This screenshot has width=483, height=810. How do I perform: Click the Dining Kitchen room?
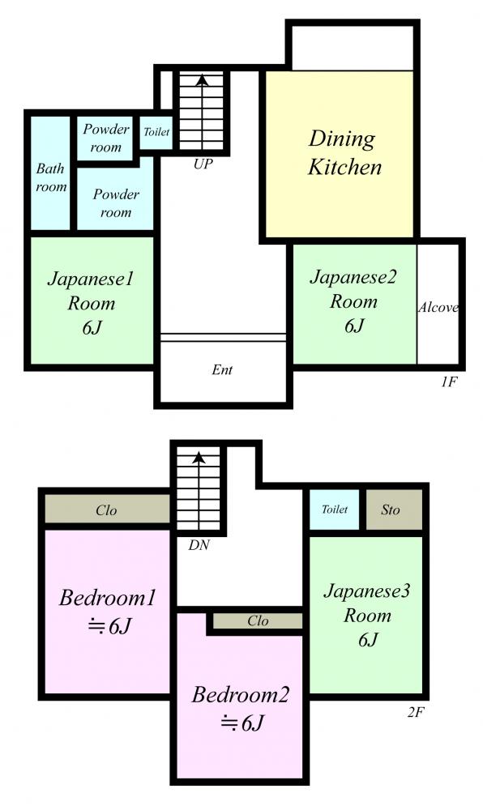pyautogui.click(x=340, y=153)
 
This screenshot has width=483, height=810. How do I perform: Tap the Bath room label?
pyautogui.click(x=51, y=177)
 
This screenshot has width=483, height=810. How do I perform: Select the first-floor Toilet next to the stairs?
pyautogui.click(x=156, y=132)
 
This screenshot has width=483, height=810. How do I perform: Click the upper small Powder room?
pyautogui.click(x=106, y=138)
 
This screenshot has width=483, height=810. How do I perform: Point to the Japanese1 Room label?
pyautogui.click(x=92, y=302)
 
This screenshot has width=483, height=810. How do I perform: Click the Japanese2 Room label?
pyautogui.click(x=354, y=301)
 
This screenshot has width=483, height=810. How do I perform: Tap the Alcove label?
pyautogui.click(x=438, y=307)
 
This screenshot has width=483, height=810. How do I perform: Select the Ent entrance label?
pyautogui.click(x=222, y=369)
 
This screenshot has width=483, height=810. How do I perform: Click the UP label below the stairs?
pyautogui.click(x=203, y=164)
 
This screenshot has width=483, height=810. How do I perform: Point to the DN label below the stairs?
pyautogui.click(x=199, y=544)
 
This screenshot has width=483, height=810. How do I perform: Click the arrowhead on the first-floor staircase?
pyautogui.click(x=202, y=80)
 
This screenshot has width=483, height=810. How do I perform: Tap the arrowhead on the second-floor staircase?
pyautogui.click(x=199, y=457)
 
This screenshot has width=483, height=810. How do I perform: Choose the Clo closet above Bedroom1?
pyautogui.click(x=107, y=509)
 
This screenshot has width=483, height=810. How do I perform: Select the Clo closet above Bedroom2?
pyautogui.click(x=258, y=620)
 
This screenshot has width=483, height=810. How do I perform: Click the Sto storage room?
pyautogui.click(x=394, y=509)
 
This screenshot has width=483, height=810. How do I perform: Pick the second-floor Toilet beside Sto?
pyautogui.click(x=334, y=509)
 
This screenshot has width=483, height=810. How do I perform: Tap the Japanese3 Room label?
pyautogui.click(x=367, y=615)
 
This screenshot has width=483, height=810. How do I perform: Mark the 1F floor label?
pyautogui.click(x=449, y=382)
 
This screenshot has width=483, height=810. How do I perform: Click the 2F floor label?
pyautogui.click(x=415, y=712)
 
